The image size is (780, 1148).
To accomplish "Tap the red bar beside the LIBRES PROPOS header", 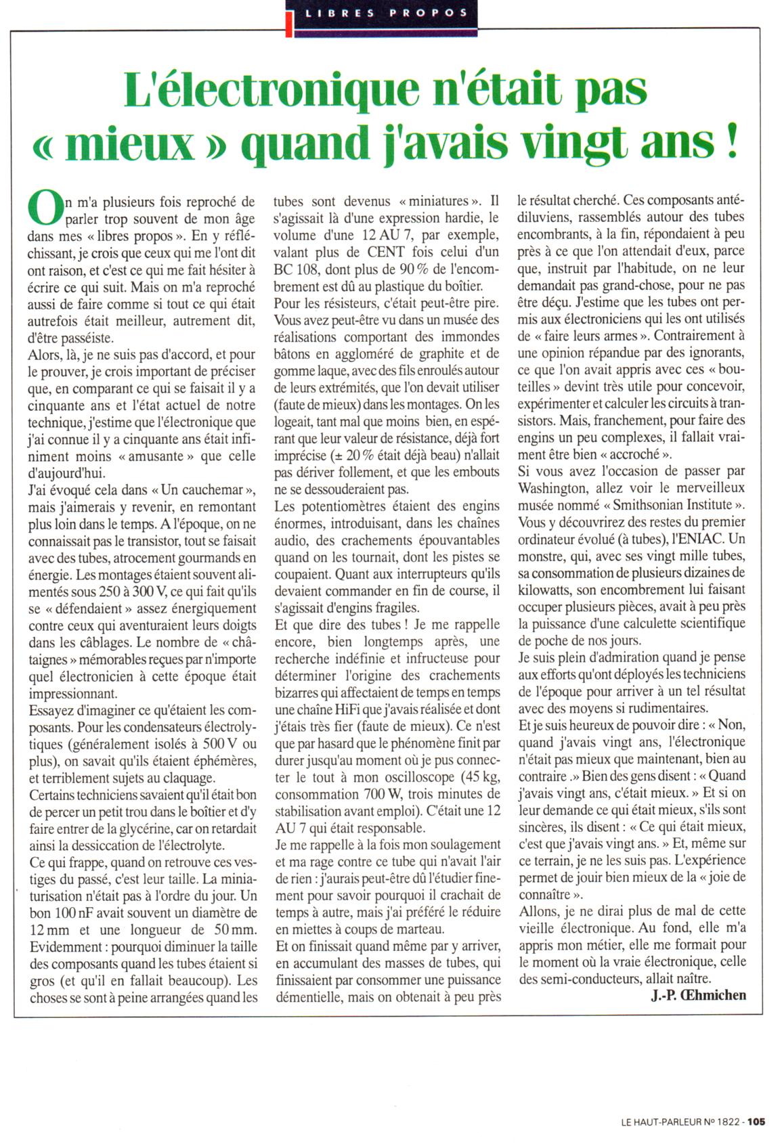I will point(289,18).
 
